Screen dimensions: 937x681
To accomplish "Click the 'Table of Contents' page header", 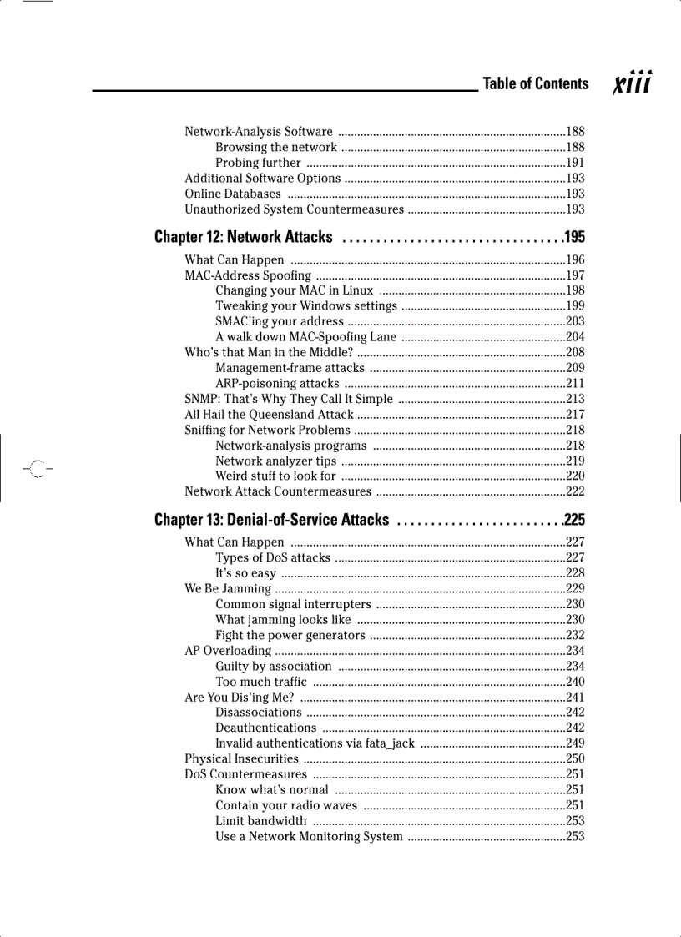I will point(535,83).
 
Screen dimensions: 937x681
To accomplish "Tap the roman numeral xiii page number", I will point(632,83).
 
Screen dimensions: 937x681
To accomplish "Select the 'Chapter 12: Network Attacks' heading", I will point(244,238).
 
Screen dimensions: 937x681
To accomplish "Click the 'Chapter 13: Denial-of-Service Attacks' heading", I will point(272,521).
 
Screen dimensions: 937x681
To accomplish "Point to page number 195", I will point(574,238).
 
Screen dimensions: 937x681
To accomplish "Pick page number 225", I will point(574,521).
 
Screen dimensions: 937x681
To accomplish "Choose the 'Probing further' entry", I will point(258,163).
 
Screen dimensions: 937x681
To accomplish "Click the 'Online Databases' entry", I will point(233,194).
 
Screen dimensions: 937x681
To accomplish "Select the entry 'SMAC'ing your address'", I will point(280,321).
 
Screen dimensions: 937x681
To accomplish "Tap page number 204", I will point(575,337).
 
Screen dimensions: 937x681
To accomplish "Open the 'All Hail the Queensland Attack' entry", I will point(269,415).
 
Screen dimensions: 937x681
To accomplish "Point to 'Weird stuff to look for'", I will point(275,476).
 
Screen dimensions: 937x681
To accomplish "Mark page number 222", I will point(575,491).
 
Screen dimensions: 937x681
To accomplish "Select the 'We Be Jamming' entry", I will point(227,589).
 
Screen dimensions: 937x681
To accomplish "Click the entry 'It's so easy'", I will point(245,573).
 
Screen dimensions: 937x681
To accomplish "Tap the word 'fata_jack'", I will point(388,743).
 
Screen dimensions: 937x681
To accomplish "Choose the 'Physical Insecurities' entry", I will point(241,758).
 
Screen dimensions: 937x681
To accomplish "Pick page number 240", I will point(575,682).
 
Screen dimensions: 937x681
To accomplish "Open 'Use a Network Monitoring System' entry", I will point(309,836).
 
